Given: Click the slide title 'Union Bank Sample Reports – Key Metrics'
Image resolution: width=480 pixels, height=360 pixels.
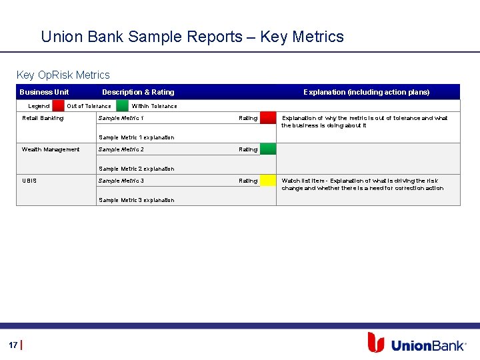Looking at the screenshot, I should tap(192, 37).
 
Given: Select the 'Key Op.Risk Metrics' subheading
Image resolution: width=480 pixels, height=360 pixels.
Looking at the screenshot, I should tap(63, 75).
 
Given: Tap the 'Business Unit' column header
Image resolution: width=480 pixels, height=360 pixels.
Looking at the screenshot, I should tap(44, 92).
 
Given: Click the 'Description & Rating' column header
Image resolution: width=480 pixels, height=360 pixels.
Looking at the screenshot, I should tap(138, 92).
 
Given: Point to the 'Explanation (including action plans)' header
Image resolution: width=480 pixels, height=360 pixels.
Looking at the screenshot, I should tap(366, 92).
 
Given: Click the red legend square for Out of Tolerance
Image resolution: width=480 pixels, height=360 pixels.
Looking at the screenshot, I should tap(59, 105).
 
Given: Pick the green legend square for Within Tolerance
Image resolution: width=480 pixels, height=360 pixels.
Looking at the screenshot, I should tap(122, 105).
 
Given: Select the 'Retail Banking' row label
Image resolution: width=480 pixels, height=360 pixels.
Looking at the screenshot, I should tap(43, 118).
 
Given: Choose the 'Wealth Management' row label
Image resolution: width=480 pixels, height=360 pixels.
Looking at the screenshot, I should tap(51, 149).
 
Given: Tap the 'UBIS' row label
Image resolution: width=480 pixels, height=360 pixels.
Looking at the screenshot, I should tap(29, 181).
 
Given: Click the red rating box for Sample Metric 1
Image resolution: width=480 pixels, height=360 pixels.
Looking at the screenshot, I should tap(267, 118).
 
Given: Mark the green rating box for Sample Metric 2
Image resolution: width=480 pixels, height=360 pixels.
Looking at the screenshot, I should tap(267, 149).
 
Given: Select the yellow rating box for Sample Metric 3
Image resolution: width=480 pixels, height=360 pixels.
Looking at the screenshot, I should tap(267, 181).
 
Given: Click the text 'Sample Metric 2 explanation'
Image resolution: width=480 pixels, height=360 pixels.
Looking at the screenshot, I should tap(136, 169).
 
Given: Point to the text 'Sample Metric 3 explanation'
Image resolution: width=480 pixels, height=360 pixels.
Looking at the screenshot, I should tap(136, 200).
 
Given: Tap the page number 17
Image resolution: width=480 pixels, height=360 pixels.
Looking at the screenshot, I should tap(13, 345).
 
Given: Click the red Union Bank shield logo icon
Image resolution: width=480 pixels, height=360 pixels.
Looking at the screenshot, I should tap(376, 343).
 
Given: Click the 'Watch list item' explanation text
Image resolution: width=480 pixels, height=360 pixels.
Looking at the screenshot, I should tap(362, 185).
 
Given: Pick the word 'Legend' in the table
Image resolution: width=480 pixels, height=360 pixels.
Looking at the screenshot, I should tap(39, 106).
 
